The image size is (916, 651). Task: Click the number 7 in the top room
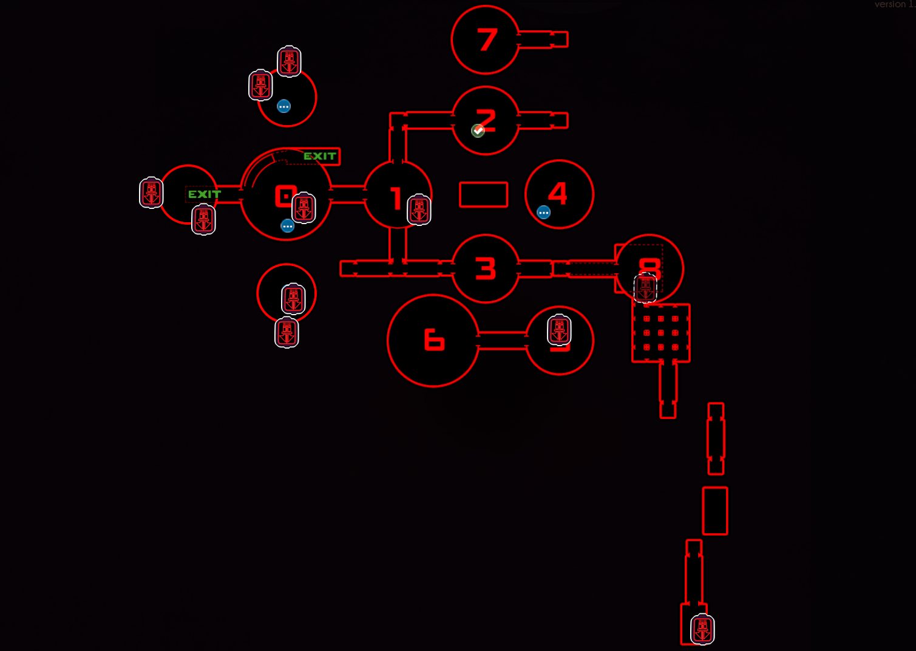(x=487, y=40)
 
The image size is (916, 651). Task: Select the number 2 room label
(x=487, y=120)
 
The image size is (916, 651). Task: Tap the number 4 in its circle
(x=558, y=194)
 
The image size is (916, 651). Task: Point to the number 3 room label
(x=486, y=268)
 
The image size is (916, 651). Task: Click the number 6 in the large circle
(x=434, y=340)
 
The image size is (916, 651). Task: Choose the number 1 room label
(x=396, y=198)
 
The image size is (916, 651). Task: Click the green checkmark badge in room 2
(x=478, y=131)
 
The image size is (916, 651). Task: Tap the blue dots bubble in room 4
(x=544, y=212)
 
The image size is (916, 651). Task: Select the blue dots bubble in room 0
(x=288, y=226)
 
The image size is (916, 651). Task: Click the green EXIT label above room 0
(x=320, y=156)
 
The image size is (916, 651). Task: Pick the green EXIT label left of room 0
(x=205, y=194)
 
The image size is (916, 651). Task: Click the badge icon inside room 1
(x=419, y=210)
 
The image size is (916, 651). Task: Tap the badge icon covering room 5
(x=559, y=330)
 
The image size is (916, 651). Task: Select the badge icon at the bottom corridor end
(x=702, y=629)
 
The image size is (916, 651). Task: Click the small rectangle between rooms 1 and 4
(x=483, y=194)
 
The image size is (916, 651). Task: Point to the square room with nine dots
(x=660, y=333)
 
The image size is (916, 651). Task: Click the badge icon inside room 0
(x=304, y=208)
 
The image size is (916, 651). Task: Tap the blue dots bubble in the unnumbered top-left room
(x=283, y=106)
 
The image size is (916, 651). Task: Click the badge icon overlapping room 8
(x=645, y=287)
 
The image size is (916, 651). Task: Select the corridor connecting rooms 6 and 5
(x=503, y=341)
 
